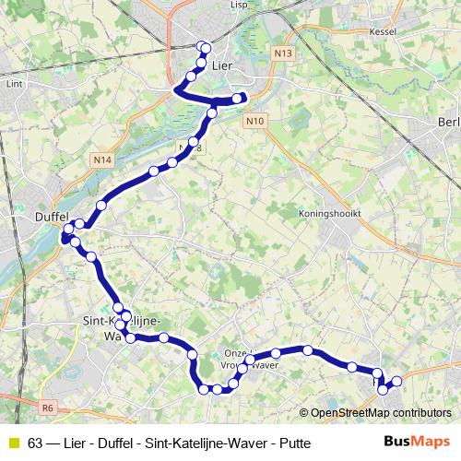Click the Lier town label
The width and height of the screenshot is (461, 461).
(x=222, y=66)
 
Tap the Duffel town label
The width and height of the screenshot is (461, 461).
(x=52, y=214)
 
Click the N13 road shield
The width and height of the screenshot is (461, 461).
(x=283, y=54)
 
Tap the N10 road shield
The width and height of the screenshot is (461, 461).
(x=256, y=121)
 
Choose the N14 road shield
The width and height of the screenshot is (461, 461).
(x=103, y=160)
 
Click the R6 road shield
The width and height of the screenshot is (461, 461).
(x=49, y=406)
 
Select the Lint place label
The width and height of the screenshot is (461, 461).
(x=13, y=83)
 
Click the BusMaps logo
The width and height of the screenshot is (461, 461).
(x=417, y=443)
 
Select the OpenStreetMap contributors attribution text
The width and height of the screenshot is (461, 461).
(x=381, y=413)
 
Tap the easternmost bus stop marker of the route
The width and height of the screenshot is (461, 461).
(x=397, y=381)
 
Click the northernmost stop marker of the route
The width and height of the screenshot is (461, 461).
(x=205, y=47)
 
